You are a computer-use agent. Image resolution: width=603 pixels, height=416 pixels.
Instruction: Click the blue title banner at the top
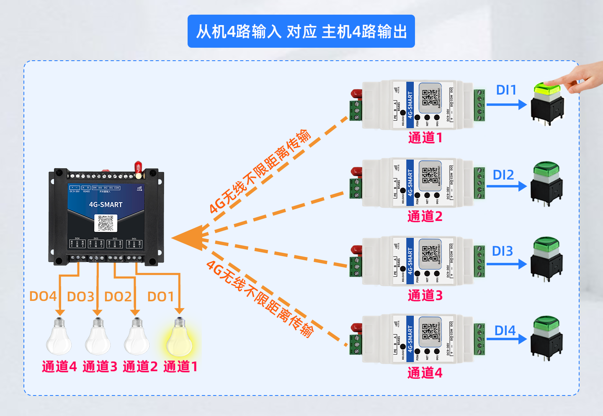pos(301,31)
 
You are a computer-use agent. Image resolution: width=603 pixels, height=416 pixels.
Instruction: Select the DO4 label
pos(43,296)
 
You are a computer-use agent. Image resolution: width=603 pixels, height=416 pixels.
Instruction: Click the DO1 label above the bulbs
pos(160,296)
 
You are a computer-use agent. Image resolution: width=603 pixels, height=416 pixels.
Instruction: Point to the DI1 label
pos(506,90)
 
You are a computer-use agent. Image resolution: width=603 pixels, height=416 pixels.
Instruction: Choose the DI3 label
pos(502,251)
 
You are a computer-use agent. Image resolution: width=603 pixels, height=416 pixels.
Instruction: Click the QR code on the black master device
pos(106,223)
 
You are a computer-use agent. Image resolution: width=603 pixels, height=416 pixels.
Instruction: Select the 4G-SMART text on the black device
pos(106,205)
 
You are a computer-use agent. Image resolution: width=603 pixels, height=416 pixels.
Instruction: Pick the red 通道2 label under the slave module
pos(425,216)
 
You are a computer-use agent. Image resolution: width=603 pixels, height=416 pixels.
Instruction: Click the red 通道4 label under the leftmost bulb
pos(59,367)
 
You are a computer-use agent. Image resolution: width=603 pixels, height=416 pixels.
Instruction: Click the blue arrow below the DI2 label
pos(506,186)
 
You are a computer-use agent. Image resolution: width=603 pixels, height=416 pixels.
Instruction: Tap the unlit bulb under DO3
pos(98,339)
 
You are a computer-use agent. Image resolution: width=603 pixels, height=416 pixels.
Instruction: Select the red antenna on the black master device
pos(137,167)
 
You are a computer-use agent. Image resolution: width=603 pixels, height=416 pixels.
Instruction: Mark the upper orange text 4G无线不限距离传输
pos(260,172)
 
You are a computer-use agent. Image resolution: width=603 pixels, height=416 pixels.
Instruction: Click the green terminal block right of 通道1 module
pos(479,105)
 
